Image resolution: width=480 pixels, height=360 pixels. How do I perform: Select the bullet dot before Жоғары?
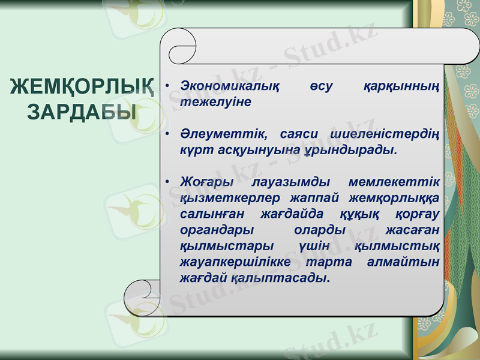(x=169, y=181)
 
